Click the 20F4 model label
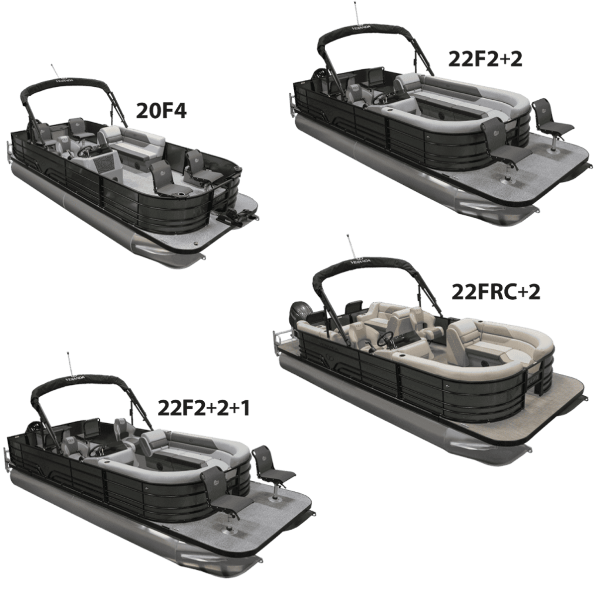(161, 111)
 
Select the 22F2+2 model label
(485, 59)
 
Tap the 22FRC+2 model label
(495, 292)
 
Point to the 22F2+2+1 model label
(204, 408)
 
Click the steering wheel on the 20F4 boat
(86, 151)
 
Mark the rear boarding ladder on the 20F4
(9, 151)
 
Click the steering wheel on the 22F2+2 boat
(381, 99)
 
